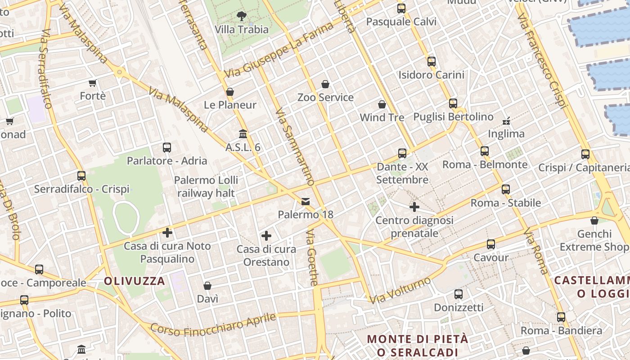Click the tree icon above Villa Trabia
(x=242, y=16)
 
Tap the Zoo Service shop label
(x=325, y=97)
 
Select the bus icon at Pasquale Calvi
(x=401, y=9)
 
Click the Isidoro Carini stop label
(x=431, y=75)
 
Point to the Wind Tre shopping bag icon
(x=382, y=104)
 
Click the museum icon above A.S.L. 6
(x=243, y=134)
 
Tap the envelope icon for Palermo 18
(x=306, y=201)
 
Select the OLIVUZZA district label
(x=135, y=281)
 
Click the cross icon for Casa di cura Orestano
(x=266, y=236)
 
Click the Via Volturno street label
(x=400, y=290)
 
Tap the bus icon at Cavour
(x=491, y=244)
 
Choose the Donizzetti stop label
(x=459, y=307)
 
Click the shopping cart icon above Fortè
(x=93, y=83)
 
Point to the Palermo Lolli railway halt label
(x=206, y=187)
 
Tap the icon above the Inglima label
(x=506, y=121)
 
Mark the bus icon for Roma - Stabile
(x=506, y=189)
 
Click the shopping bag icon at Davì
(x=207, y=286)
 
